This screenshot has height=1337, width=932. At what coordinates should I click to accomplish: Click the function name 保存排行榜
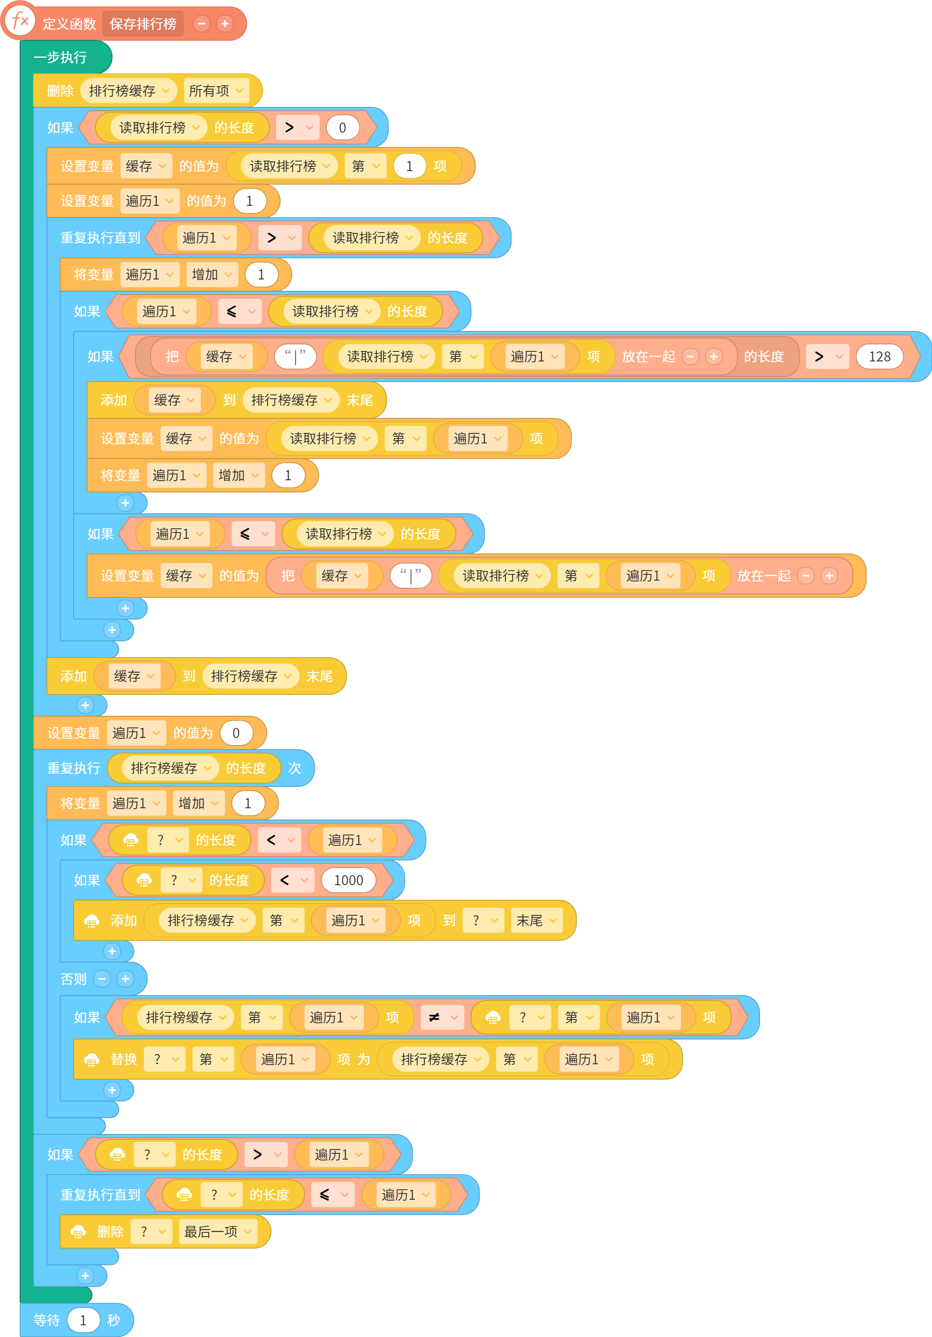(x=143, y=24)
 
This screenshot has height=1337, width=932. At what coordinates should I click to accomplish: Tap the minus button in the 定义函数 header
(x=202, y=24)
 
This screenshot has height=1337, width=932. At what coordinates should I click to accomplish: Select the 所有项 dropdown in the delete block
(x=216, y=91)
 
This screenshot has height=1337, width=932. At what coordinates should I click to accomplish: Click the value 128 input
(x=880, y=356)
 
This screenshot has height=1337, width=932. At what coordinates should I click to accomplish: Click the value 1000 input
(x=348, y=880)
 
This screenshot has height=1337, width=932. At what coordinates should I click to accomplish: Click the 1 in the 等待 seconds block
(x=83, y=1320)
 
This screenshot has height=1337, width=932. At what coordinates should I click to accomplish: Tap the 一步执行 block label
(x=60, y=57)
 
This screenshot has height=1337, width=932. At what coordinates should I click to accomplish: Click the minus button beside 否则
(x=102, y=979)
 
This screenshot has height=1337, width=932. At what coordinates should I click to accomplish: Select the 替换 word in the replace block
(x=123, y=1059)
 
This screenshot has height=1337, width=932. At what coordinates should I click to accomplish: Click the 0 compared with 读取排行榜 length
(x=342, y=128)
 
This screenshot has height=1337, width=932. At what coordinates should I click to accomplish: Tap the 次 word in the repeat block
(x=294, y=768)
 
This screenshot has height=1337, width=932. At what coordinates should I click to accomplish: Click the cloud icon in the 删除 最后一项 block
(x=79, y=1232)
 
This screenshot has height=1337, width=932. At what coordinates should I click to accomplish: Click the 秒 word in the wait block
(x=113, y=1320)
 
